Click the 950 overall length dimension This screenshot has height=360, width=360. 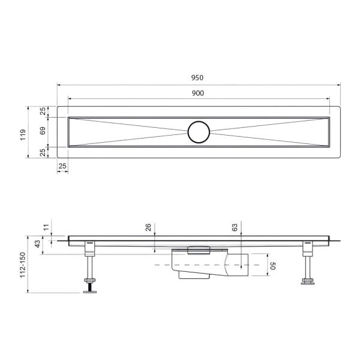click(x=198, y=77)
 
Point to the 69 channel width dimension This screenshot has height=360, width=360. click(x=43, y=131)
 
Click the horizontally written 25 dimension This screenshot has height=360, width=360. click(x=62, y=165)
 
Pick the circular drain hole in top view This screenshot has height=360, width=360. click(x=198, y=131)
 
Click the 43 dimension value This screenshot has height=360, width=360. click(x=38, y=245)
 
